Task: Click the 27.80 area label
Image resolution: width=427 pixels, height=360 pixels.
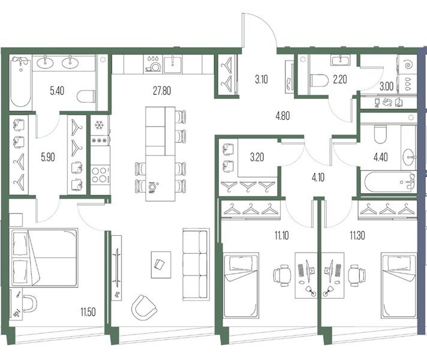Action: pyautogui.click(x=162, y=91)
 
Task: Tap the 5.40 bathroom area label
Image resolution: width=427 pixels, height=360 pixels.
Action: pyautogui.click(x=57, y=91)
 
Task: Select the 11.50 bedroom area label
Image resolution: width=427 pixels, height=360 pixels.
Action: pyautogui.click(x=88, y=312)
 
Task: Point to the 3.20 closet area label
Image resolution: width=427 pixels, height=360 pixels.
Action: pyautogui.click(x=257, y=157)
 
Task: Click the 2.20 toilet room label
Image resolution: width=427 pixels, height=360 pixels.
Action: pyautogui.click(x=340, y=80)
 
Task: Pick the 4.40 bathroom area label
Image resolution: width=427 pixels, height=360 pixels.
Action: pyautogui.click(x=381, y=157)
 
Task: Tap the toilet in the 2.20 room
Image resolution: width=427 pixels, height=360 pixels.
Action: pyautogui.click(x=319, y=81)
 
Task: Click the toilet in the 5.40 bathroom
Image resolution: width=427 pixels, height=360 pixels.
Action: pyautogui.click(x=86, y=97)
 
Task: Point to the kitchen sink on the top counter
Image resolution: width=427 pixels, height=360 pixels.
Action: pyautogui.click(x=173, y=64)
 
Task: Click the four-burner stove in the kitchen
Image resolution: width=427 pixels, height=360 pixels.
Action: pyautogui.click(x=100, y=175)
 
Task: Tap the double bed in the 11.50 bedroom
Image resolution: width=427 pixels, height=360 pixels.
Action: pyautogui.click(x=44, y=257)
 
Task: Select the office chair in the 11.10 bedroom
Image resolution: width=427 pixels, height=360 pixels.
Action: pyautogui.click(x=282, y=275)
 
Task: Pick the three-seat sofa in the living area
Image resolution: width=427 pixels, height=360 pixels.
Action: pyautogui.click(x=196, y=265)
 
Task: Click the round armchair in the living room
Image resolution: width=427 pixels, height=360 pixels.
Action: pyautogui.click(x=144, y=308)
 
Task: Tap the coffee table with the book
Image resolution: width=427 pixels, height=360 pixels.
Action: pyautogui.click(x=161, y=265)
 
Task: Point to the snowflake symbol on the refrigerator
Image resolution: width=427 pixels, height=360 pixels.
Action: pyautogui.click(x=98, y=125)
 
